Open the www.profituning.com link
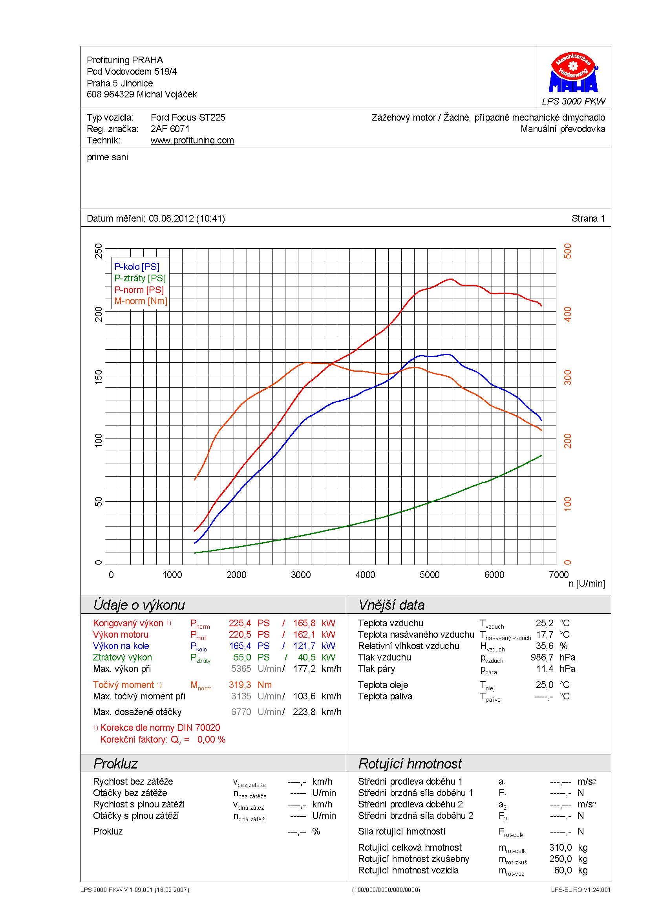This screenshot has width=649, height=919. (x=192, y=141)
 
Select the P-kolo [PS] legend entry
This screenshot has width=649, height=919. (x=137, y=267)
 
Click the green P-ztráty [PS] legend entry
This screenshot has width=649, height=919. (x=139, y=278)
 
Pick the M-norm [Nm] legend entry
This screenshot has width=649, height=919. (x=140, y=301)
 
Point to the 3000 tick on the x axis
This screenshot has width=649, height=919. (x=301, y=575)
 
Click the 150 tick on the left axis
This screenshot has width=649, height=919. (x=99, y=377)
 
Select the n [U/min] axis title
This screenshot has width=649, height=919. (x=586, y=583)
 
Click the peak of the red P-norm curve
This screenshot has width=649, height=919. (x=451, y=279)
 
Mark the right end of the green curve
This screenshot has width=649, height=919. (x=541, y=455)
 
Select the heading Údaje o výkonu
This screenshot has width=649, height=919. (x=139, y=605)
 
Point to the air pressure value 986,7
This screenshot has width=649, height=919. (x=542, y=657)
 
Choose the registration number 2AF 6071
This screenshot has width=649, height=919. (x=170, y=129)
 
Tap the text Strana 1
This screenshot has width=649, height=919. (x=588, y=218)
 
